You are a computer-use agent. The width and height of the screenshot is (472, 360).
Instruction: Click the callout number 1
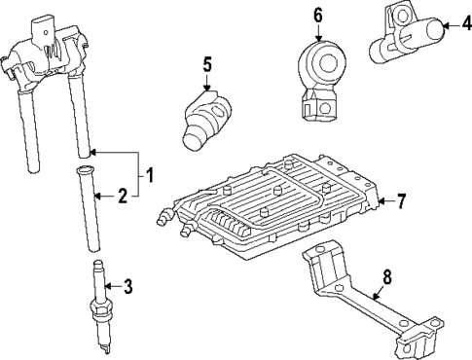coord(149,175)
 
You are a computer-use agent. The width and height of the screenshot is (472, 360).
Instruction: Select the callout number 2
coord(123,197)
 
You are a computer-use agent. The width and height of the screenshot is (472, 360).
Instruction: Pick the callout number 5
coord(206,65)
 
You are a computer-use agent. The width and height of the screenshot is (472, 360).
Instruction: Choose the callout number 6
coord(317,15)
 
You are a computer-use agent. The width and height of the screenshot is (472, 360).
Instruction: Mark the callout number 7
coord(400,201)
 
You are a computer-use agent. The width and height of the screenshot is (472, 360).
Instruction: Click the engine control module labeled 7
coord(272,199)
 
